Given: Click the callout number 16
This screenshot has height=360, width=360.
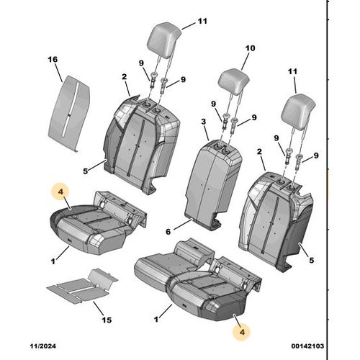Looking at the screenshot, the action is (53, 59).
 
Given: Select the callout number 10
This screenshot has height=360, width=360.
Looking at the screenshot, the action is (250, 48).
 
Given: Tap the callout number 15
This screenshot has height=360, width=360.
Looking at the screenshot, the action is (107, 320).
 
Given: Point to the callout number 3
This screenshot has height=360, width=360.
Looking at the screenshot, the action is (204, 122).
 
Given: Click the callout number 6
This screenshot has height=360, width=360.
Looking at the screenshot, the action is (168, 232).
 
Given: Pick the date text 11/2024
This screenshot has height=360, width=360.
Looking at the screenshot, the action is (43, 346).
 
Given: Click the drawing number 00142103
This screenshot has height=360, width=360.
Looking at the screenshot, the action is (307, 346).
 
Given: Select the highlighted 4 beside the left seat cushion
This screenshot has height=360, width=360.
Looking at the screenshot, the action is (60, 192).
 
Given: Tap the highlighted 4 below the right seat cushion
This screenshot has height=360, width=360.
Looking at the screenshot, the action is (242, 332).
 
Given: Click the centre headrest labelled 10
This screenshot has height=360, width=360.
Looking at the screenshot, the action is (234, 79).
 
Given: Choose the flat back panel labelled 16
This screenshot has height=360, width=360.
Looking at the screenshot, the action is (69, 113).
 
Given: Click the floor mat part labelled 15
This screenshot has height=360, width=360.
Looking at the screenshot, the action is (82, 287).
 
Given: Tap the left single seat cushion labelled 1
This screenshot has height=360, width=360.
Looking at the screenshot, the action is (95, 225).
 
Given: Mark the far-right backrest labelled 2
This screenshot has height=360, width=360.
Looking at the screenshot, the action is (276, 221).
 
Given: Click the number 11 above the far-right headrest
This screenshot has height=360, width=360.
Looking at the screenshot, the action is (292, 71).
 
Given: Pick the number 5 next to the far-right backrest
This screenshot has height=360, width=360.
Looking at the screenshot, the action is (311, 260).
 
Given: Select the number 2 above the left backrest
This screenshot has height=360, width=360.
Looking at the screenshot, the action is (124, 77).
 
